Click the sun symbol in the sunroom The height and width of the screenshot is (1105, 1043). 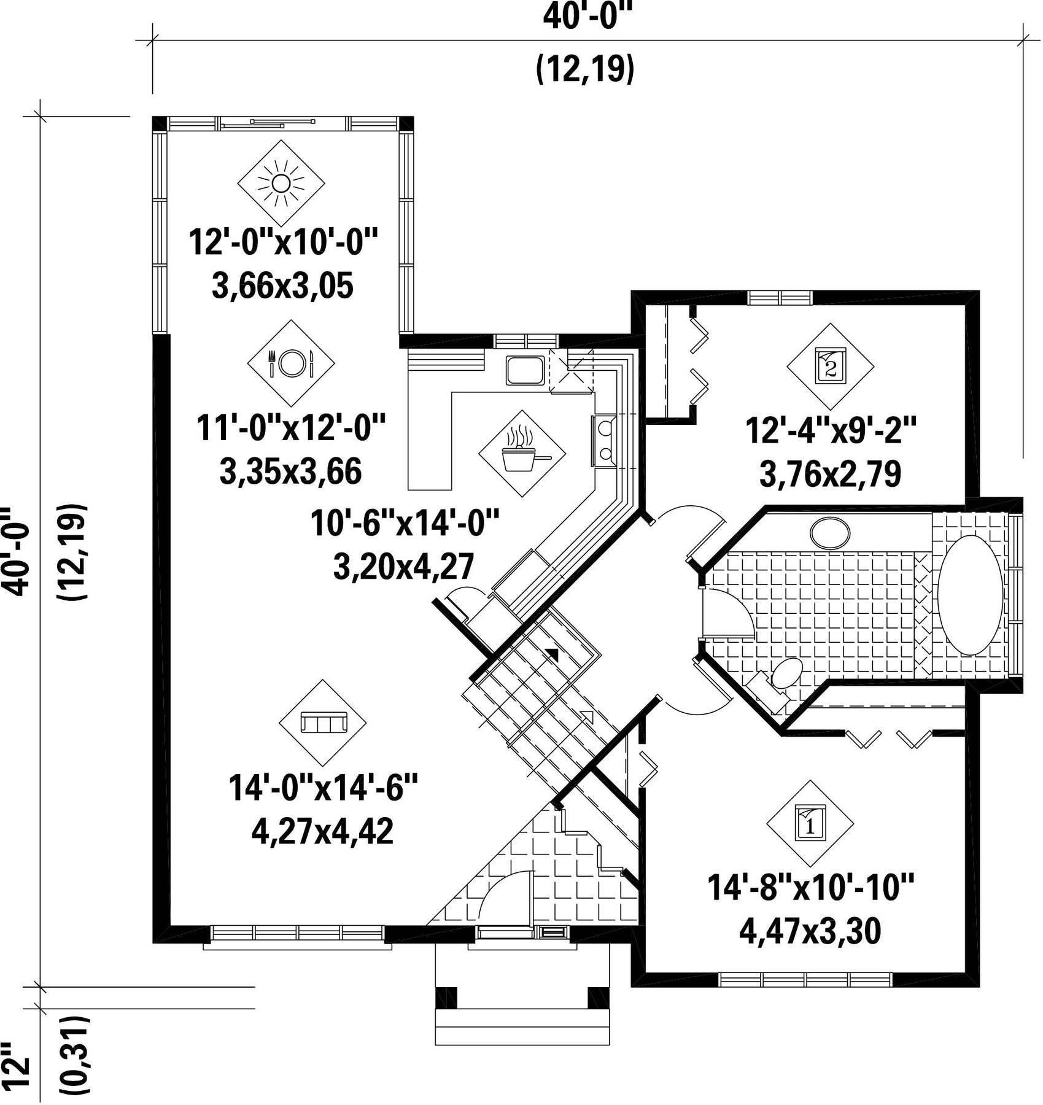[281, 183]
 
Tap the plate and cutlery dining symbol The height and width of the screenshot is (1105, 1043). [291, 363]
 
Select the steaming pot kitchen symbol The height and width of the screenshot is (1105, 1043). [522, 454]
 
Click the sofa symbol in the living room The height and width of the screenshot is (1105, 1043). [323, 723]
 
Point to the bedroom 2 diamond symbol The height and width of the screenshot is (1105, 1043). [831, 366]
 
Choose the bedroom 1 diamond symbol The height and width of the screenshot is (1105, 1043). [810, 824]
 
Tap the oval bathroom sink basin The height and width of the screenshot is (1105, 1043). [830, 533]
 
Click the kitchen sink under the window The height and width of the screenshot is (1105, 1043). [525, 370]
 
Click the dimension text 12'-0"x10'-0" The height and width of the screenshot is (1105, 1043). [282, 241]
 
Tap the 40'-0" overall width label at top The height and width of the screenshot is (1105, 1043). [587, 18]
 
